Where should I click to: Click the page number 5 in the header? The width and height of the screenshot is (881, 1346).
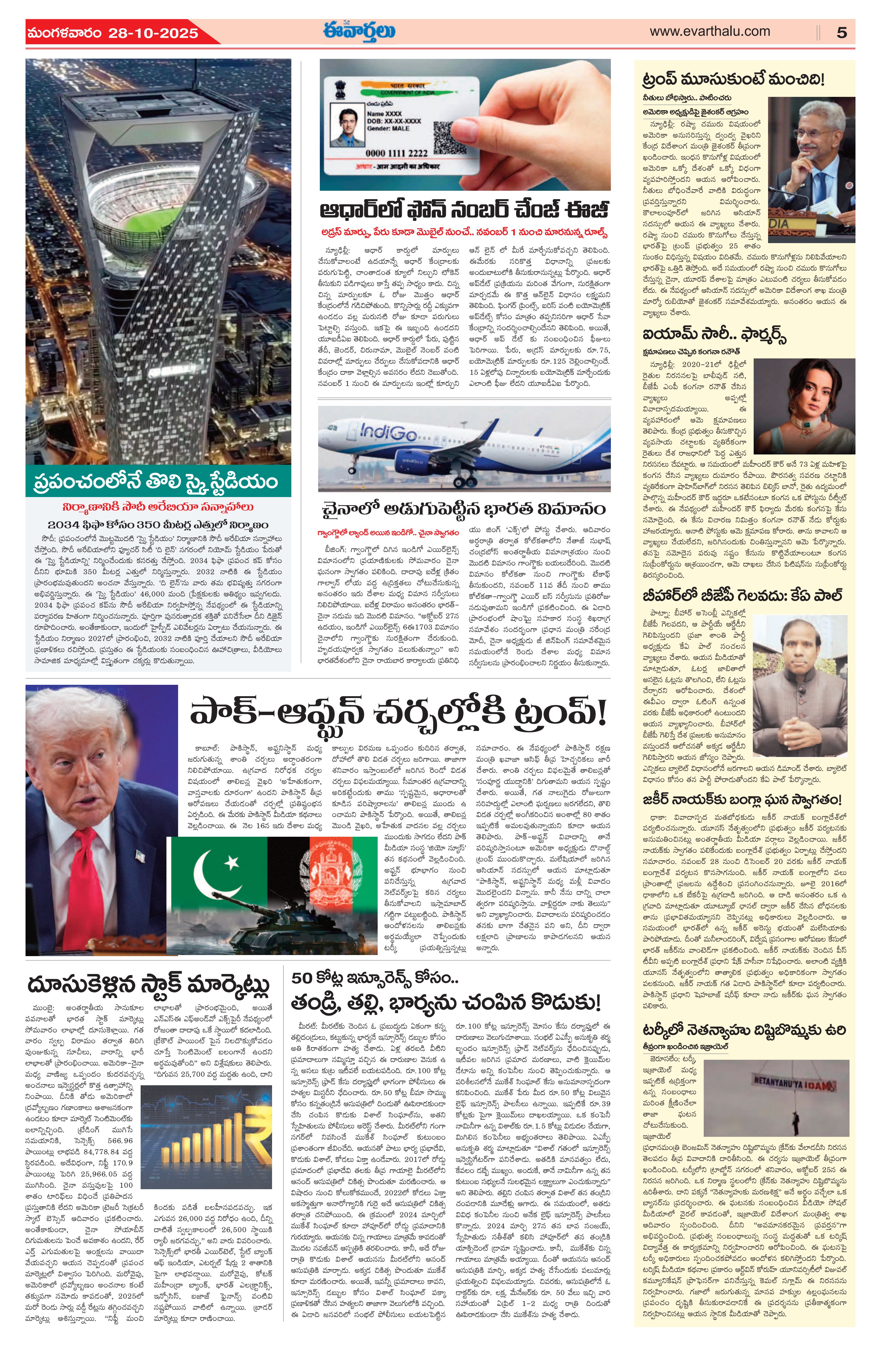pyautogui.click(x=841, y=32)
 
